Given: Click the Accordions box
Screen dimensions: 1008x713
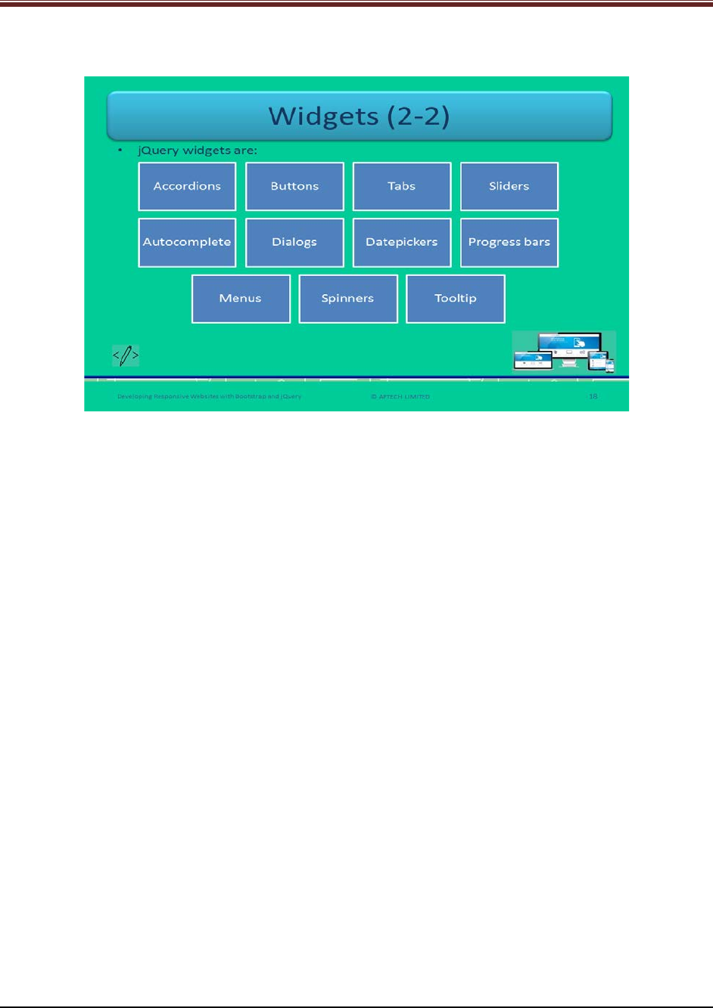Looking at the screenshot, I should pos(187,186).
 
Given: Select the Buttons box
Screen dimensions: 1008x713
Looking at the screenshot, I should pos(294,186).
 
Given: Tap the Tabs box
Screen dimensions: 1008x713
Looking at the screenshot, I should pos(402,186).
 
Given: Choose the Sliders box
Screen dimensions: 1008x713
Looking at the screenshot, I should pos(509,186).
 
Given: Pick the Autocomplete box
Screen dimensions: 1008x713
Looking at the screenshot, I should pos(187,242).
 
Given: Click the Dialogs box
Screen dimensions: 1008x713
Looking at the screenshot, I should pos(294,242).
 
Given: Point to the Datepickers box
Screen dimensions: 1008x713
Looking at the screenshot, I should pos(402,242).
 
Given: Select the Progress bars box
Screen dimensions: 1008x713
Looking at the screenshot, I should pos(509,242).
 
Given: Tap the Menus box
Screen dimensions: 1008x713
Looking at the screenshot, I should pos(241,298).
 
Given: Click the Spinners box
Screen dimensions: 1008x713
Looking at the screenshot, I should pos(348,298).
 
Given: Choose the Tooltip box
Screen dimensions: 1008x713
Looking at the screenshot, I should pos(456,298).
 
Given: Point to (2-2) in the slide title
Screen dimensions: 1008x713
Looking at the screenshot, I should pos(415,116).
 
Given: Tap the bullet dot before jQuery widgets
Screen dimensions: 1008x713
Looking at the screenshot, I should pos(120,150).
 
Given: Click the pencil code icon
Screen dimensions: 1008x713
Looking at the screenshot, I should pos(126,355).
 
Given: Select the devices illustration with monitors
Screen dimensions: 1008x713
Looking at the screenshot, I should pos(564,352).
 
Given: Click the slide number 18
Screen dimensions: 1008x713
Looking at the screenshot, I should pos(593,395).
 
